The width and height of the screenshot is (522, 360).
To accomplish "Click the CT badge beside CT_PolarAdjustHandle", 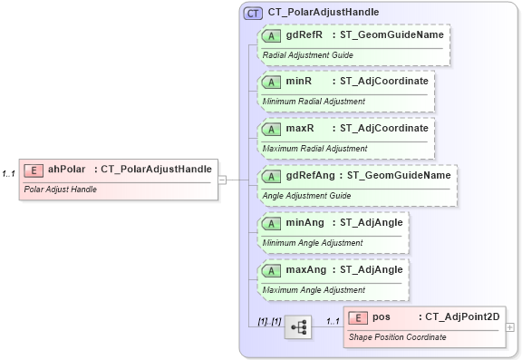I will (x=253, y=13).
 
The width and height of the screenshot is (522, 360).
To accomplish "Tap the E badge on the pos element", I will (x=358, y=317).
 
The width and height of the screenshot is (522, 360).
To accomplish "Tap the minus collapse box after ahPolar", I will (x=222, y=180).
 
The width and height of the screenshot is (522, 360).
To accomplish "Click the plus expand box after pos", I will (x=510, y=327).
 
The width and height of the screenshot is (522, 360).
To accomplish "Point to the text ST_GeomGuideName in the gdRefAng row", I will (x=399, y=175).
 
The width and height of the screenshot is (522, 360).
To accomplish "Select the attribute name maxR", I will (x=300, y=128).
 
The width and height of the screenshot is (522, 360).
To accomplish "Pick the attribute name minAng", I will (x=306, y=222).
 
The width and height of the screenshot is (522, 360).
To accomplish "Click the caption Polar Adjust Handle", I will (x=60, y=190).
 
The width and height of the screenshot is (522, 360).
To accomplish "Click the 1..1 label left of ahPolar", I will (x=9, y=173).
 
